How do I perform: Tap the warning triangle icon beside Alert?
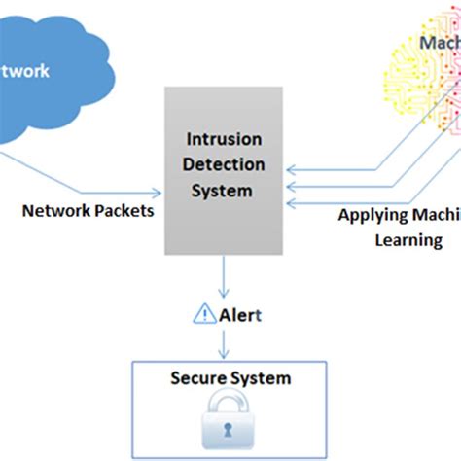click(205, 314)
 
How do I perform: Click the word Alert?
click(239, 314)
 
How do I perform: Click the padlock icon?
click(228, 419)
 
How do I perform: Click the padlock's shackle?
click(228, 403)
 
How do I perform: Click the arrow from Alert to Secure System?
click(226, 341)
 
